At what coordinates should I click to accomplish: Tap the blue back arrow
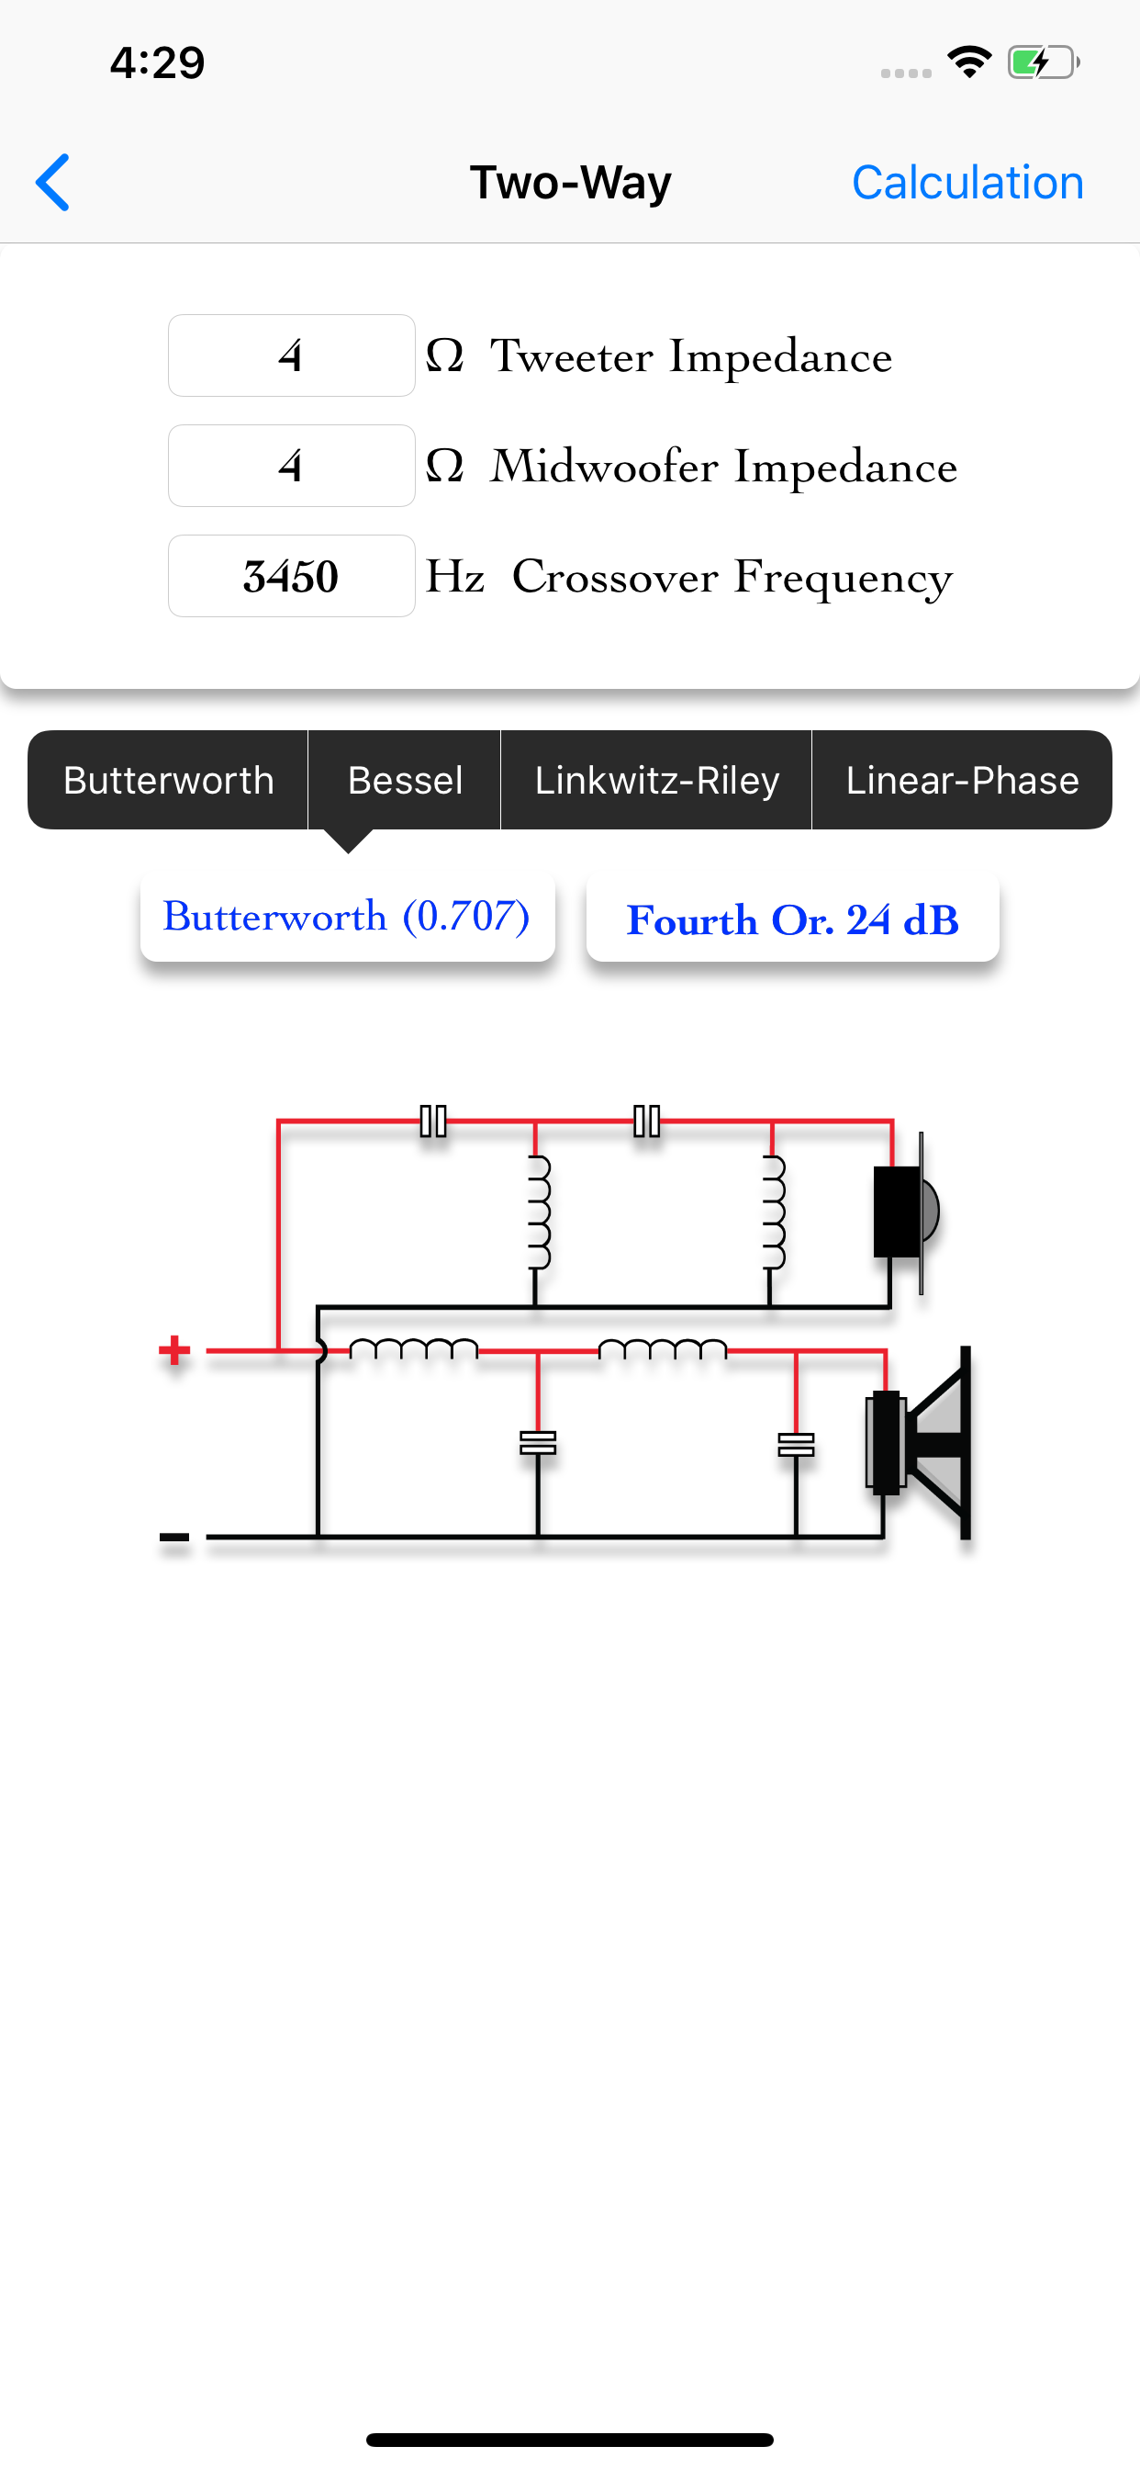(x=53, y=182)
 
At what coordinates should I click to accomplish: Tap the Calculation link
(x=967, y=182)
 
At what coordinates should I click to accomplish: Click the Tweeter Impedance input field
(x=291, y=355)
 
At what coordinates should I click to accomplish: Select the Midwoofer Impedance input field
(x=291, y=466)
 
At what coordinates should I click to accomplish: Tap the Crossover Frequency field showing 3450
(x=291, y=576)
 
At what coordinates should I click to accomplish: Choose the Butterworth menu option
(x=169, y=780)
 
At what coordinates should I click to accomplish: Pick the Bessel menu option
(x=405, y=780)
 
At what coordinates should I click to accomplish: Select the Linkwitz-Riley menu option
(x=656, y=780)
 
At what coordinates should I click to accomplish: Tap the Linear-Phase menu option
(x=962, y=780)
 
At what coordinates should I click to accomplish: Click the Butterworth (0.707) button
(x=347, y=918)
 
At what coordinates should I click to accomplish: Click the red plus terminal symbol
(x=174, y=1350)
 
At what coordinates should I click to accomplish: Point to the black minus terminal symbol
(x=174, y=1537)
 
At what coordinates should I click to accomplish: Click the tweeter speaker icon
(x=905, y=1212)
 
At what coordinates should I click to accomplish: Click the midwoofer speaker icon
(x=919, y=1442)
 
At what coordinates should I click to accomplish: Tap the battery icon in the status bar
(x=1043, y=63)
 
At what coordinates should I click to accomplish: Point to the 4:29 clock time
(x=157, y=63)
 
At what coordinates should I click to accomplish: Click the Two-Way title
(x=570, y=182)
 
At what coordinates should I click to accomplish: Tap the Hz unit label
(x=455, y=577)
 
